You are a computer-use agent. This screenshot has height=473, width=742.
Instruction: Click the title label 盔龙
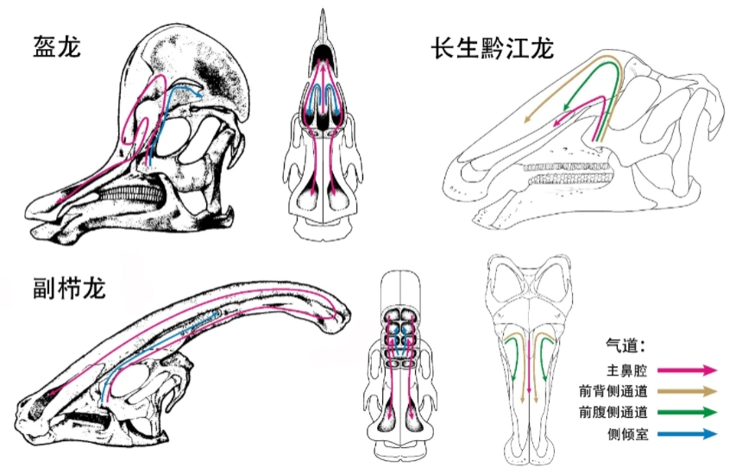tap(57, 46)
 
